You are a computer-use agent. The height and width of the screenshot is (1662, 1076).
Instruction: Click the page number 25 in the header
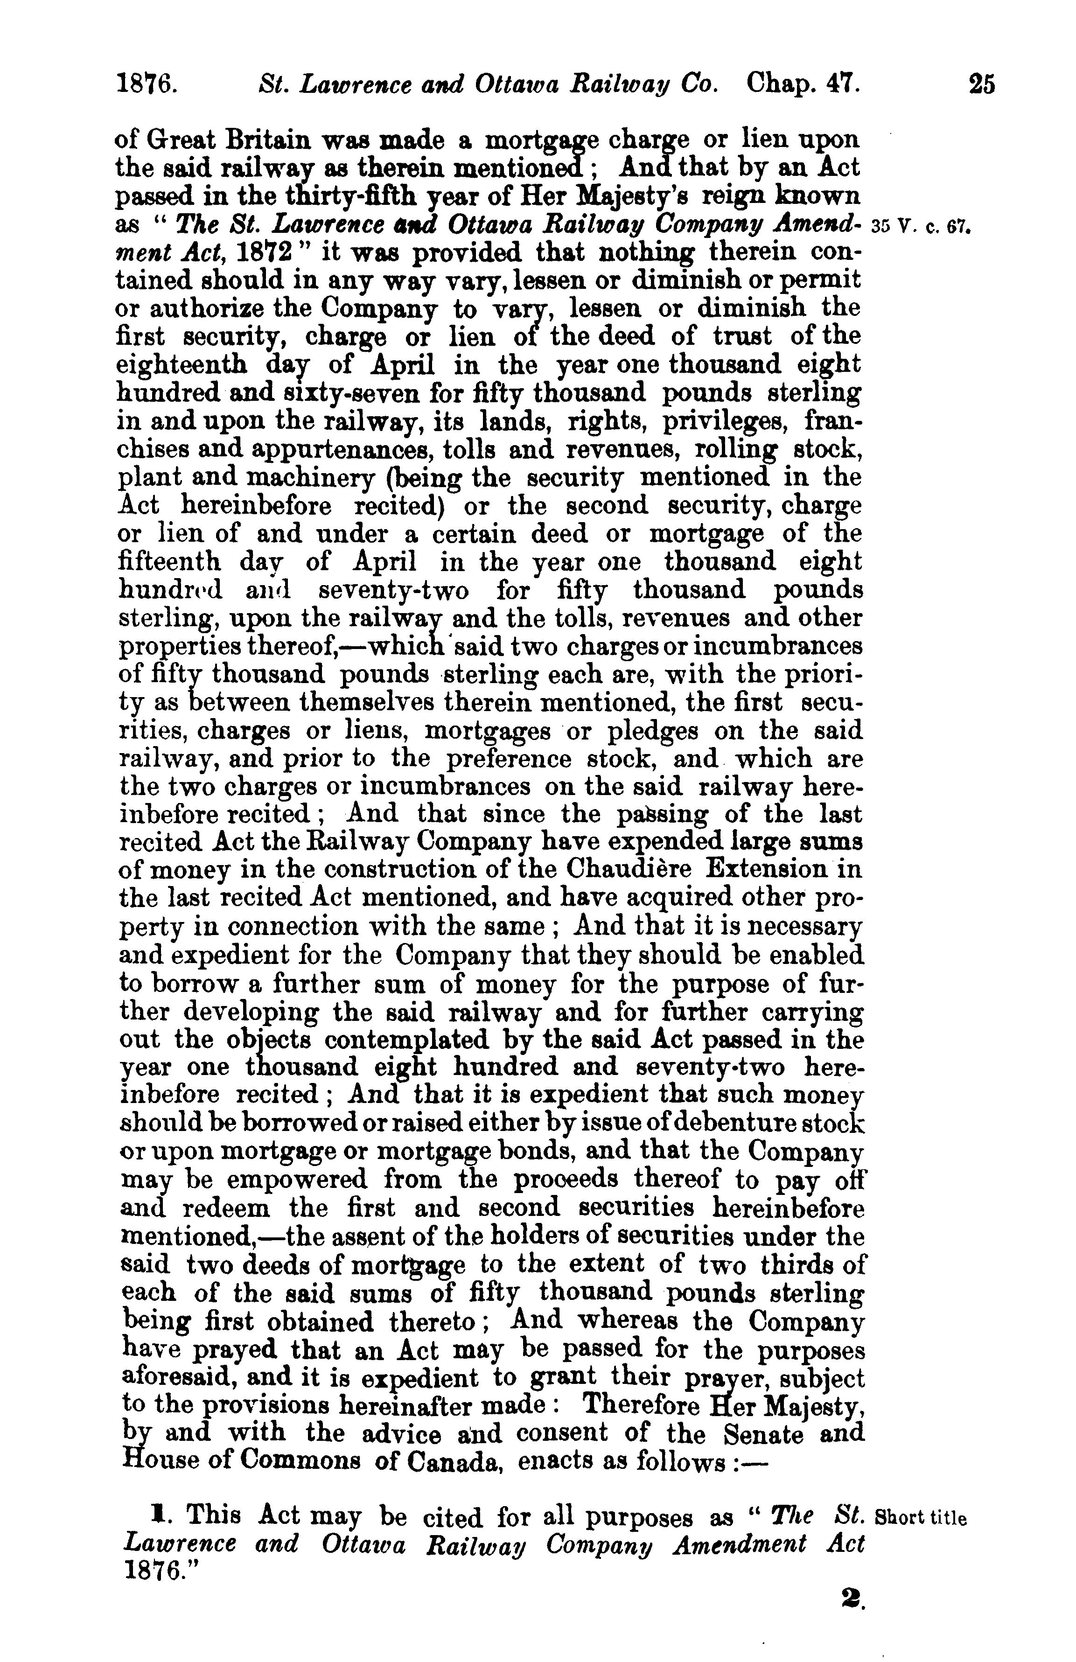pos(980,85)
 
